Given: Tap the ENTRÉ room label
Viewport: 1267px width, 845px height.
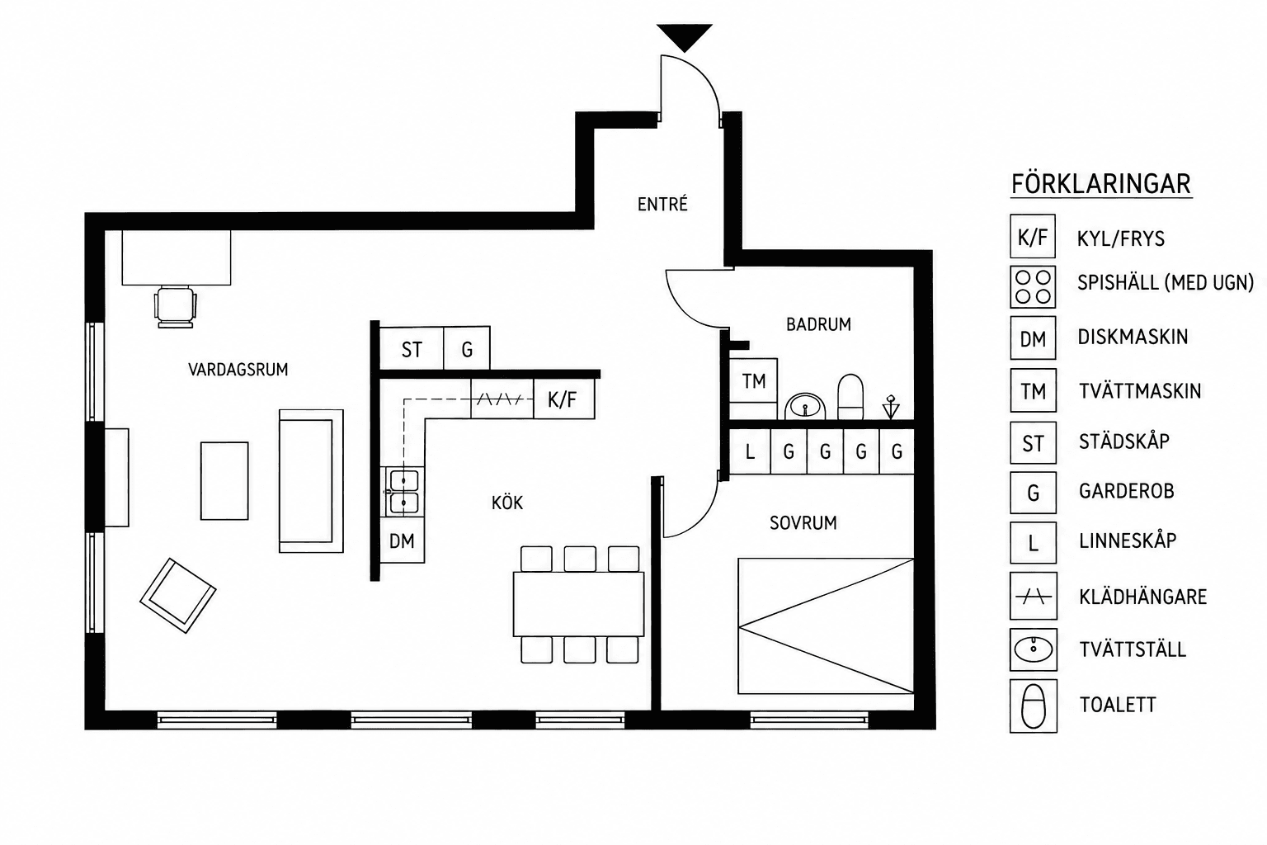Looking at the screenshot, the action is (x=662, y=204).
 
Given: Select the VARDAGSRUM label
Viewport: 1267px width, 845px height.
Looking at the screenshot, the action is (x=238, y=370).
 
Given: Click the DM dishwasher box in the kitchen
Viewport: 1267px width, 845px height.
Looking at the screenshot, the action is (x=403, y=541).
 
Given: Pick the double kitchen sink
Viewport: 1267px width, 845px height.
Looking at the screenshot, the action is (x=403, y=492).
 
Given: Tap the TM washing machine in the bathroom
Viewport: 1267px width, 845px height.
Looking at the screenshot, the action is (x=753, y=381).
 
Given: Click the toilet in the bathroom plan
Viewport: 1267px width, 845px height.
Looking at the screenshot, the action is (x=850, y=396).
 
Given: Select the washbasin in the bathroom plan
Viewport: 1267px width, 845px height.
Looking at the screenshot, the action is (x=805, y=406).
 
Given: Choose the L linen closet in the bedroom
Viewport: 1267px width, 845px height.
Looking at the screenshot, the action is (x=750, y=451).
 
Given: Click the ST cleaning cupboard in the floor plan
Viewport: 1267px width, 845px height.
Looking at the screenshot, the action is (x=412, y=349).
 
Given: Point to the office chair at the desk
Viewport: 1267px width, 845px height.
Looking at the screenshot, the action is (x=176, y=306).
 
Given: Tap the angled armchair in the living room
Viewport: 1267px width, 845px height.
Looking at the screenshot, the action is (x=178, y=596).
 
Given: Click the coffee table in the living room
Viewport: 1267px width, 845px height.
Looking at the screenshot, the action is (x=224, y=480).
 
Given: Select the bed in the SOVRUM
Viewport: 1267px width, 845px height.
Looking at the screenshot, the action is (x=826, y=626).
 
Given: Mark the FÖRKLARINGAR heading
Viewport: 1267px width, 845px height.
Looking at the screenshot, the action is (x=1100, y=184).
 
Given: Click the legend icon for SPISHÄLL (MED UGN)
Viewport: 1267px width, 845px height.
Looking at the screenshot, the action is (x=1033, y=287).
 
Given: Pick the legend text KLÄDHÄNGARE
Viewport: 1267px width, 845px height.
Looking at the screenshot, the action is (x=1142, y=597).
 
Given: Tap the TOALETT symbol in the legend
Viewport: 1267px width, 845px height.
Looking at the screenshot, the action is (x=1033, y=706).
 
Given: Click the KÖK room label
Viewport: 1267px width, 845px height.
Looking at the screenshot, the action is (x=507, y=503).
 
